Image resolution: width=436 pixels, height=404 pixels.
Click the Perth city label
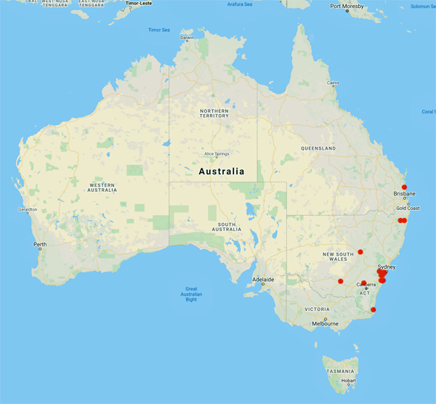pyautogui.click(x=39, y=244)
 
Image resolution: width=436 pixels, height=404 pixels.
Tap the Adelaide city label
pyautogui.click(x=263, y=280)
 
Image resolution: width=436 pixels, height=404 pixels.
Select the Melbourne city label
pyautogui.click(x=324, y=324)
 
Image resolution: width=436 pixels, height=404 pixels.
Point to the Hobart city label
pyautogui.click(x=350, y=381)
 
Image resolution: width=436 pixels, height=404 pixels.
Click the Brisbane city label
pyautogui.click(x=405, y=194)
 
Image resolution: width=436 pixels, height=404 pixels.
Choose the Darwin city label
pyautogui.click(x=187, y=37)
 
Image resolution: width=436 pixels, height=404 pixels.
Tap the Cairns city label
pyautogui.click(x=334, y=83)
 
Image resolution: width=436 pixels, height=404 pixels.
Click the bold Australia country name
pyautogui.click(x=222, y=171)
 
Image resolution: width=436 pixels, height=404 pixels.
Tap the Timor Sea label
pyautogui.click(x=159, y=30)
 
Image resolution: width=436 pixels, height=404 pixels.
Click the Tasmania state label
pyautogui.click(x=340, y=371)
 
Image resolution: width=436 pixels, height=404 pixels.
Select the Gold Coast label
pyautogui.click(x=408, y=208)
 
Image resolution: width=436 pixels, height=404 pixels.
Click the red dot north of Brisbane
pyautogui.click(x=404, y=187)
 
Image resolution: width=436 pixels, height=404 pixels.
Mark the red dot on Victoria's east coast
pyautogui.click(x=374, y=310)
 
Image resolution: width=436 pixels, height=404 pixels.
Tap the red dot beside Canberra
pyautogui.click(x=364, y=283)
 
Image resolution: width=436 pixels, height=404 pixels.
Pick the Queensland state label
pyautogui.click(x=318, y=148)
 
